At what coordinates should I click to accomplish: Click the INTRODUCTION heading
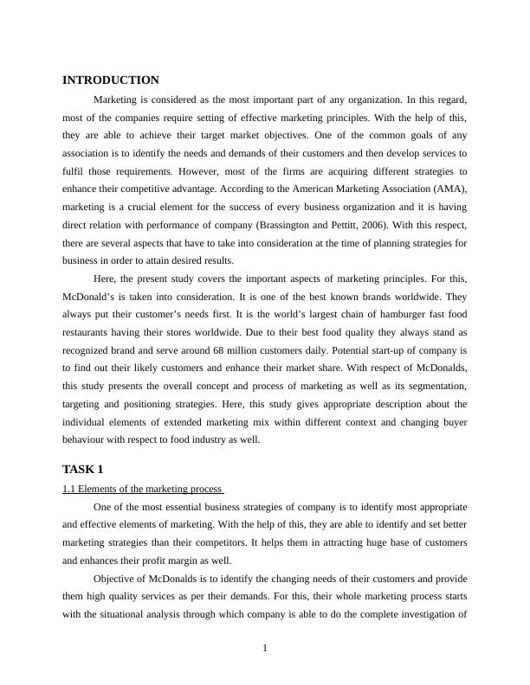click(x=111, y=80)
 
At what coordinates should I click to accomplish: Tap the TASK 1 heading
click(x=83, y=469)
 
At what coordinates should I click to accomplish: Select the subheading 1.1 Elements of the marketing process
click(x=143, y=489)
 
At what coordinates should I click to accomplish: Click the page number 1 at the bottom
click(x=265, y=650)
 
